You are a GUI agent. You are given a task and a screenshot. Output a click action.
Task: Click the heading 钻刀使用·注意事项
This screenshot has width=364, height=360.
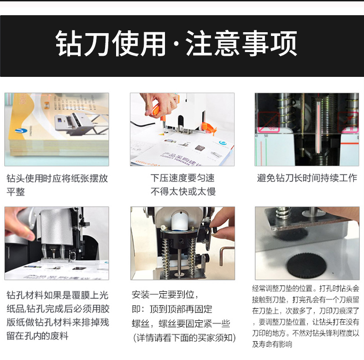pos(176,43)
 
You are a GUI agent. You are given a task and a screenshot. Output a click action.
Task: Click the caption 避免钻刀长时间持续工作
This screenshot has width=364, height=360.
pos(307,178)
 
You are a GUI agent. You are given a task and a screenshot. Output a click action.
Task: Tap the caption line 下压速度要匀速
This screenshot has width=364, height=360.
pos(182,178)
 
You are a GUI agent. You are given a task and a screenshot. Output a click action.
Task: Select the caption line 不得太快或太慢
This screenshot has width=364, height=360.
pos(183,192)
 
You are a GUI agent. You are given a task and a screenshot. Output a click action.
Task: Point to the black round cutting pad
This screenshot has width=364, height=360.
pos(307,266)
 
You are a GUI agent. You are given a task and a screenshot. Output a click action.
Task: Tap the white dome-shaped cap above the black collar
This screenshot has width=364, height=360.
pos(179,221)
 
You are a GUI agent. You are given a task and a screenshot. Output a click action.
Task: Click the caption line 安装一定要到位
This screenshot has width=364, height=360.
pos(165,295)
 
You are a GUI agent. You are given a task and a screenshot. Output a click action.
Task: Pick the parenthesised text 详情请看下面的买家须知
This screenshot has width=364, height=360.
pos(185,338)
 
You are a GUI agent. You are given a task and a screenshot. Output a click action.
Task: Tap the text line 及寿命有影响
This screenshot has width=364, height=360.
pos(272,344)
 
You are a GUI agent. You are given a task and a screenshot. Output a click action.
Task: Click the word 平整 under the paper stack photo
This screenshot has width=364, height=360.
pos(16,192)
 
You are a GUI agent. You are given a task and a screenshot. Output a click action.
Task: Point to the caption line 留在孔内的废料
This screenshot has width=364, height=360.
pos(37,336)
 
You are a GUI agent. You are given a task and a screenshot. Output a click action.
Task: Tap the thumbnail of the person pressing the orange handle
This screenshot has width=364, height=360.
pos(182,129)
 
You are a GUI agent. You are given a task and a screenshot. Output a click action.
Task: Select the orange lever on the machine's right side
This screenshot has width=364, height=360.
pos(208,128)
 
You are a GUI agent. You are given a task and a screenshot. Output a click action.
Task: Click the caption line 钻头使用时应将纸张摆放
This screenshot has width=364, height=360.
pos(57,178)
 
